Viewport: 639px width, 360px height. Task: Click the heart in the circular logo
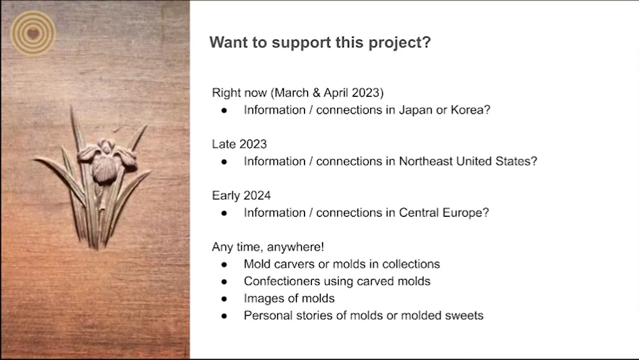coord(33,33)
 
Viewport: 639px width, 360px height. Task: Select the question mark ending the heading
coord(426,42)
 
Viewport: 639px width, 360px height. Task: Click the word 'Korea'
coord(467,110)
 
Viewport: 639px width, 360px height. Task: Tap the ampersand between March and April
coord(316,93)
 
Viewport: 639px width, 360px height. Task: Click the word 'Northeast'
coord(426,161)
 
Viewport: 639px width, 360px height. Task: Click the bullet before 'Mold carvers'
coord(224,265)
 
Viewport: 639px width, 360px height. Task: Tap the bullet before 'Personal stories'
coord(224,316)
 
